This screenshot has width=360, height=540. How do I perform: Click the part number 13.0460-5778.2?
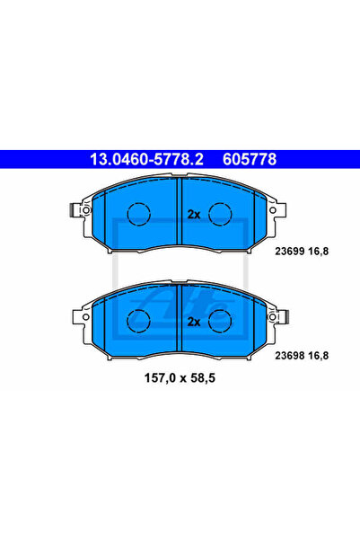[146, 159]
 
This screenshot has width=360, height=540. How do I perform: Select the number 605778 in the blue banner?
[250, 159]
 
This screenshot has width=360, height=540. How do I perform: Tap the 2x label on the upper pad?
[194, 215]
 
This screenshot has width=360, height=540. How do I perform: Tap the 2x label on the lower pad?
[194, 322]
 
